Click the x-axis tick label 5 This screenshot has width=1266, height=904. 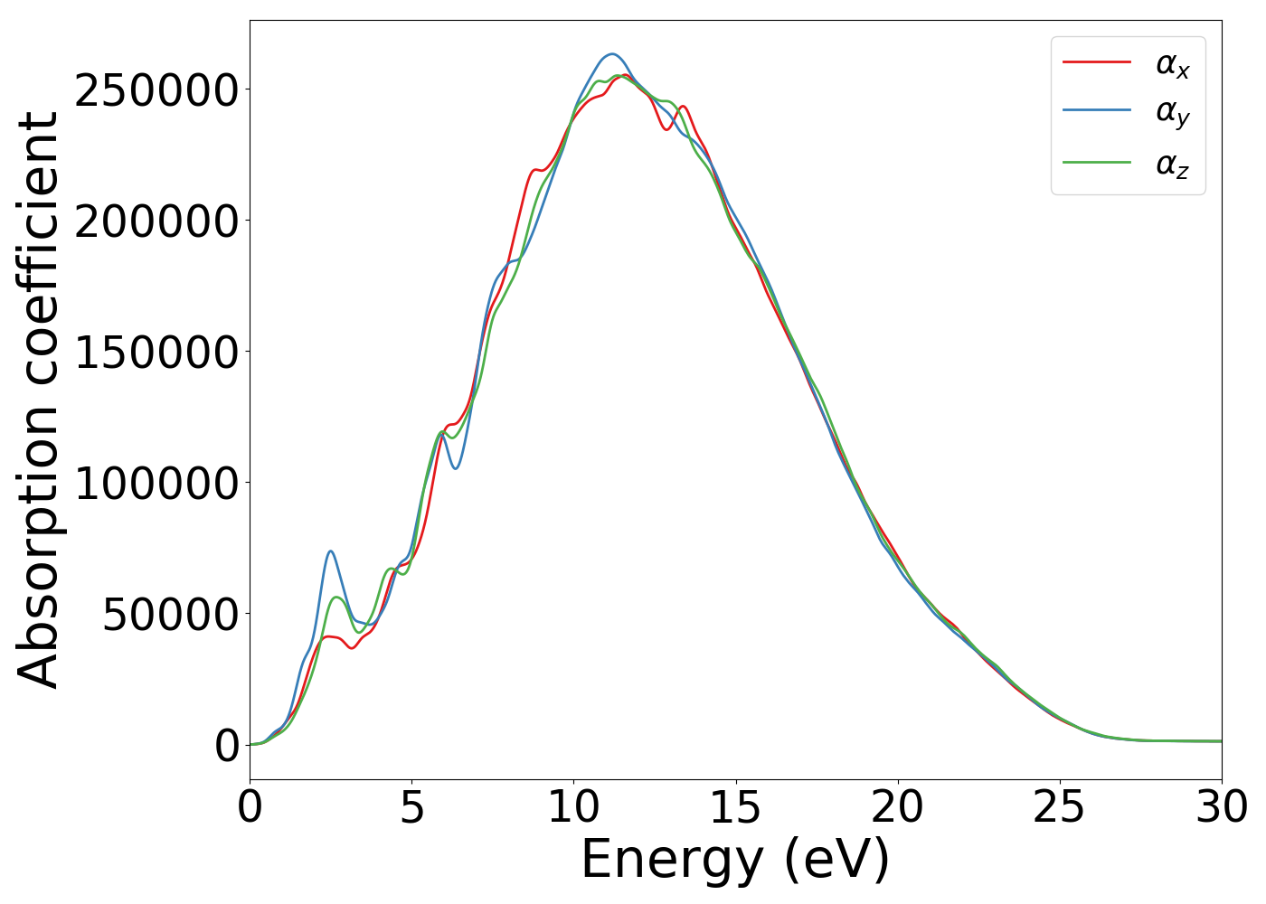[411, 807]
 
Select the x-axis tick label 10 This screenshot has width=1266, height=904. [573, 807]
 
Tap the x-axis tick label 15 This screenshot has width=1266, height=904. [735, 807]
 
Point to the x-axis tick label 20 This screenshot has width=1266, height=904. [897, 807]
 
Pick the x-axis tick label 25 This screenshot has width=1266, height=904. [1059, 807]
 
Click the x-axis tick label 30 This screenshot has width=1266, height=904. [1221, 807]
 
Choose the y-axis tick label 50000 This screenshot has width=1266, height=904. [170, 615]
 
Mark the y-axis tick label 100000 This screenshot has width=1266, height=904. [156, 484]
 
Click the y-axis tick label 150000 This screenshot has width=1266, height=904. [156, 353]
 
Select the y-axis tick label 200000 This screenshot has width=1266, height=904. [156, 221]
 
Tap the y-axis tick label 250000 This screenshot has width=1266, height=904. [156, 90]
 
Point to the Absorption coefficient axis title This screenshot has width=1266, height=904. [38, 400]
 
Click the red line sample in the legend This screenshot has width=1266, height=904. [1096, 62]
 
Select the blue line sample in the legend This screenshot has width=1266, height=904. [1096, 111]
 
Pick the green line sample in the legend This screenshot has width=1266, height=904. [1096, 163]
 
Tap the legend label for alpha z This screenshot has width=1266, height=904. [1172, 165]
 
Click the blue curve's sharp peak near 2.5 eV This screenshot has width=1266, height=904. [331, 551]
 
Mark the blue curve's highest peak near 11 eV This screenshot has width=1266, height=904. [611, 54]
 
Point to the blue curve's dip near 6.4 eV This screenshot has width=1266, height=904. [457, 468]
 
